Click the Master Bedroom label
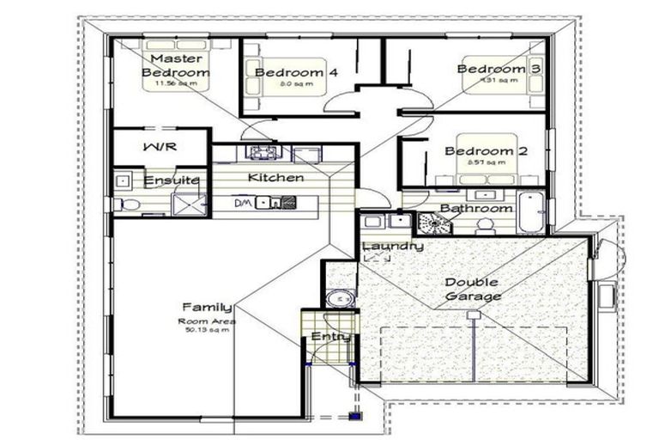[176, 66]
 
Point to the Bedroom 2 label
[485, 151]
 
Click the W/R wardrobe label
[160, 146]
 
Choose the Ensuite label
[172, 180]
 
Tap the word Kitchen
[275, 178]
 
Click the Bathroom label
[476, 209]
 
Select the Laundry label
[392, 247]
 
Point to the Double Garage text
[473, 290]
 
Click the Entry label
[330, 337]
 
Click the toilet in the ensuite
[130, 205]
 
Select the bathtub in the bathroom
[530, 212]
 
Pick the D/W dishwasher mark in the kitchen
[244, 204]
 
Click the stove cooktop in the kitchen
[263, 153]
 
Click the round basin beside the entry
[340, 298]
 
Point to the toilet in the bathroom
[485, 225]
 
